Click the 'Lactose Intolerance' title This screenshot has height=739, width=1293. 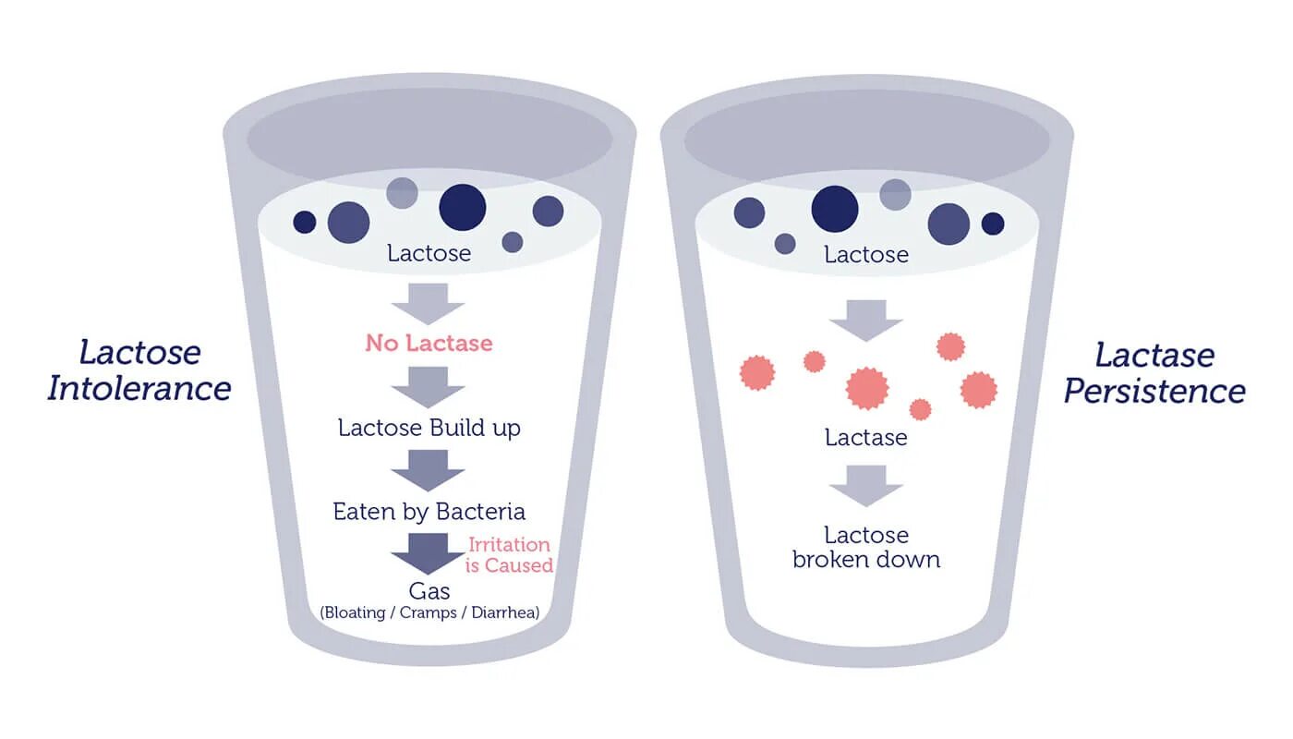[x=139, y=369]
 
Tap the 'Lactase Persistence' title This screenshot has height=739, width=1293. [x=1154, y=372]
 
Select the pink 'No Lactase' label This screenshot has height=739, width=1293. [x=429, y=344]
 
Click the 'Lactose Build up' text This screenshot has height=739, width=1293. [x=429, y=428]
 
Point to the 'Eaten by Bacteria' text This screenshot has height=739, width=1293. [x=429, y=512]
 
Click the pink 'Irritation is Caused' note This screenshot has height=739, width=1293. [x=509, y=555]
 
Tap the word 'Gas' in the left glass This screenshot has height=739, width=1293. [x=429, y=590]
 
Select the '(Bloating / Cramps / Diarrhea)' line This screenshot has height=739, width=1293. [x=429, y=612]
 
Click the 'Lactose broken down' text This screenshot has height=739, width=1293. [x=866, y=547]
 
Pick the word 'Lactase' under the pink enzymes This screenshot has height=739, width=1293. [x=866, y=437]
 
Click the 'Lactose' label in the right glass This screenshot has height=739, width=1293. [x=866, y=254]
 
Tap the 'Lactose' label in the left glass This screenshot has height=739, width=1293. [x=429, y=253]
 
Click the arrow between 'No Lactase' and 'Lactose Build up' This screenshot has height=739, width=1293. [x=428, y=386]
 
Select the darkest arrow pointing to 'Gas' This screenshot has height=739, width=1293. [x=428, y=553]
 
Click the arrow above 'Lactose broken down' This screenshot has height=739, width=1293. [x=865, y=485]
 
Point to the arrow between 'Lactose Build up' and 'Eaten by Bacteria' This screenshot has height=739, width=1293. [x=428, y=469]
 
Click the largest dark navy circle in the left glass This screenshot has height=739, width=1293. [x=462, y=207]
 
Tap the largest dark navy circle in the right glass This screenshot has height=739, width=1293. [x=835, y=209]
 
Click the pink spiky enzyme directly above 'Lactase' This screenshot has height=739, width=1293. [x=867, y=388]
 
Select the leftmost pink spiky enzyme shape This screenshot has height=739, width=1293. [x=757, y=373]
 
